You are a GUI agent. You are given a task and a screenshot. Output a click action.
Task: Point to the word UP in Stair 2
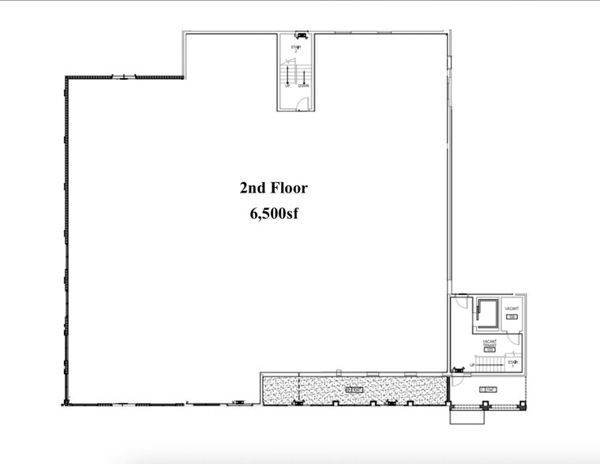click(289, 85)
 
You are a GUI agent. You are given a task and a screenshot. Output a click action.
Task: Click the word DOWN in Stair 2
click(303, 85)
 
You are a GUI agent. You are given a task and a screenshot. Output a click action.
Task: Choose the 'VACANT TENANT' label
click(490, 344)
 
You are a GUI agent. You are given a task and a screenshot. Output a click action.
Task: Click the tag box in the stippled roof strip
click(353, 390)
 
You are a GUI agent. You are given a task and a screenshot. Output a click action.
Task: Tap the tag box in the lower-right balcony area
click(486, 390)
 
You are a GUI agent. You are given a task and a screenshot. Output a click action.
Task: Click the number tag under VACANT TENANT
click(490, 350)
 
